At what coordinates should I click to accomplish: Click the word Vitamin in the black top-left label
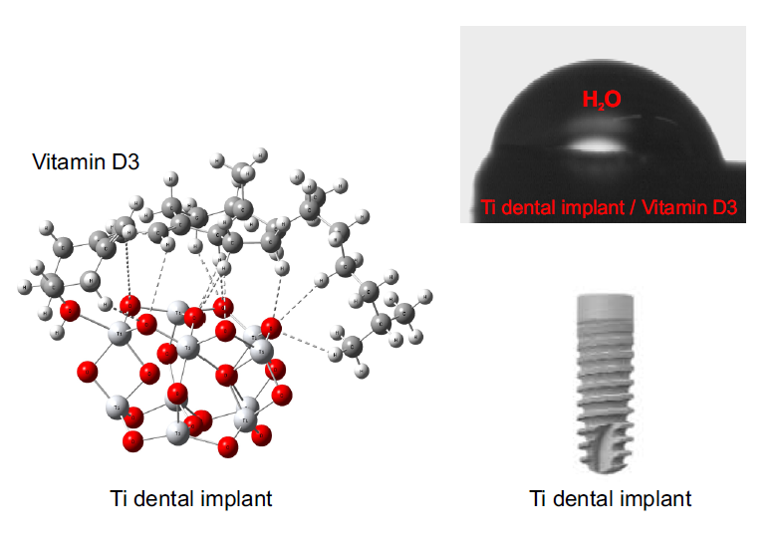coord(64,161)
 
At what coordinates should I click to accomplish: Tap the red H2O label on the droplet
coord(602,99)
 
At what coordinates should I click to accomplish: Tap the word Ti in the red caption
coord(489,208)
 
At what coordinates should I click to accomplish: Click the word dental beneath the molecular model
coord(179,498)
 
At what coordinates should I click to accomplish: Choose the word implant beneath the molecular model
coord(240,498)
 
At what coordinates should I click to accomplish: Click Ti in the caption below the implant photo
coord(538,498)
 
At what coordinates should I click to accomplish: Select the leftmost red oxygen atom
coord(70,311)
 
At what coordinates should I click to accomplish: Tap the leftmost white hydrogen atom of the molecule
coord(23,287)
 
